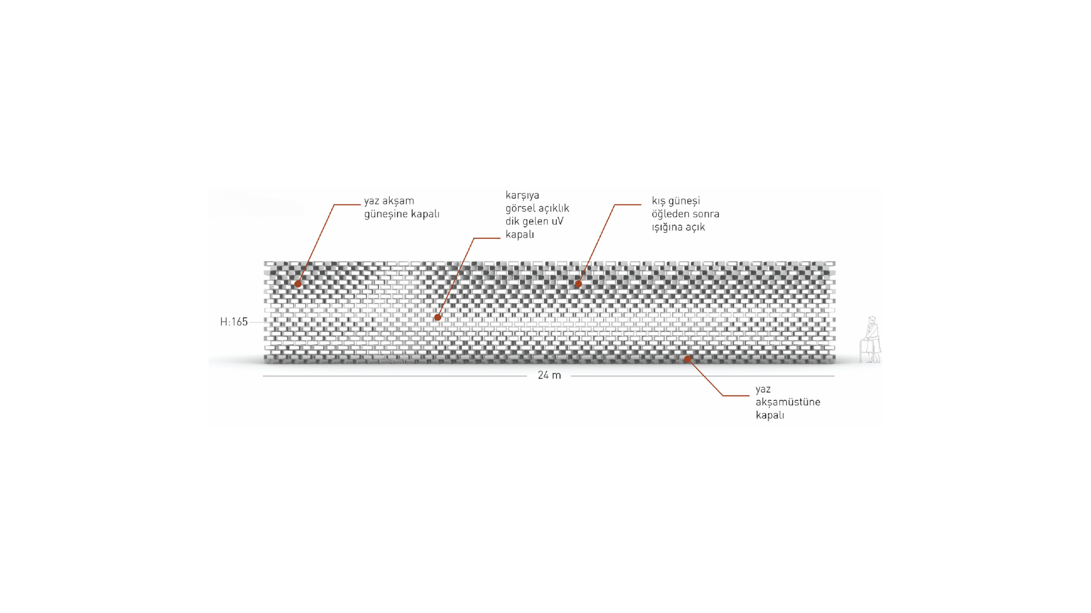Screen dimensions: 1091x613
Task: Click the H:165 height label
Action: coord(234,322)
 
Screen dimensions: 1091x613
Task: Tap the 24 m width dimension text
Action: coord(549,375)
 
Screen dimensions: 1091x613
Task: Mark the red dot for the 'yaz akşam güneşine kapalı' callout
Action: coord(298,284)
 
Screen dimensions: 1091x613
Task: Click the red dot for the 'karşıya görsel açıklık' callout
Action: coord(438,318)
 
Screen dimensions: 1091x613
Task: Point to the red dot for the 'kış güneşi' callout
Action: coord(578,284)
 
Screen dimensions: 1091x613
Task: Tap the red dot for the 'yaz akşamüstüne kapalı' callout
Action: coord(688,359)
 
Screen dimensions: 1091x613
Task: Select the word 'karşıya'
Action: coord(522,196)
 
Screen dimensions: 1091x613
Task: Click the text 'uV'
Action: coord(557,221)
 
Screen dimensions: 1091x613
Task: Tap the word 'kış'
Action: coord(659,201)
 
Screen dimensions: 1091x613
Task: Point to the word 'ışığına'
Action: coord(667,228)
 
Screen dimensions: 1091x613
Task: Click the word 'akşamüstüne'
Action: coord(788,402)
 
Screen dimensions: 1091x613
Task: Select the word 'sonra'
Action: coord(706,215)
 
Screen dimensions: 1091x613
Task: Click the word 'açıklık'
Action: coord(555,209)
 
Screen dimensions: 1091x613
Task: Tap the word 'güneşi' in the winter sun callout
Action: coord(684,201)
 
